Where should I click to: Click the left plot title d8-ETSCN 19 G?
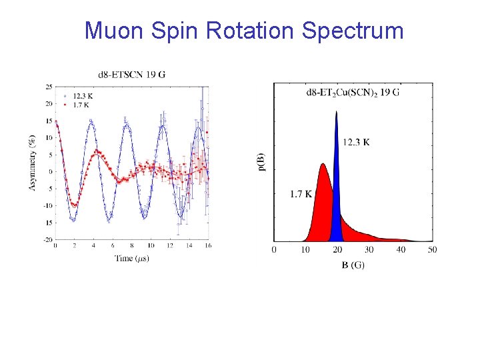(x=132, y=73)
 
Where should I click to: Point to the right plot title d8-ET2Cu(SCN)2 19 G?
(x=353, y=92)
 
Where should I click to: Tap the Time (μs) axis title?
(x=131, y=258)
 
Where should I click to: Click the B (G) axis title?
(x=353, y=265)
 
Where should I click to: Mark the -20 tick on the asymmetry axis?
(x=48, y=239)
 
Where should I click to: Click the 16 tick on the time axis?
(x=208, y=246)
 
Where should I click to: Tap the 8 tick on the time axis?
(x=131, y=246)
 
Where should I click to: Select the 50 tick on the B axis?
(x=433, y=250)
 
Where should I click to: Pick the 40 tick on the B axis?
(x=401, y=250)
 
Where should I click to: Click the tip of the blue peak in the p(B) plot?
(x=337, y=112)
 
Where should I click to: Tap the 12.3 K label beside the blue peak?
(x=357, y=142)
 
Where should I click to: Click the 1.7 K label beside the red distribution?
(x=302, y=194)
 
